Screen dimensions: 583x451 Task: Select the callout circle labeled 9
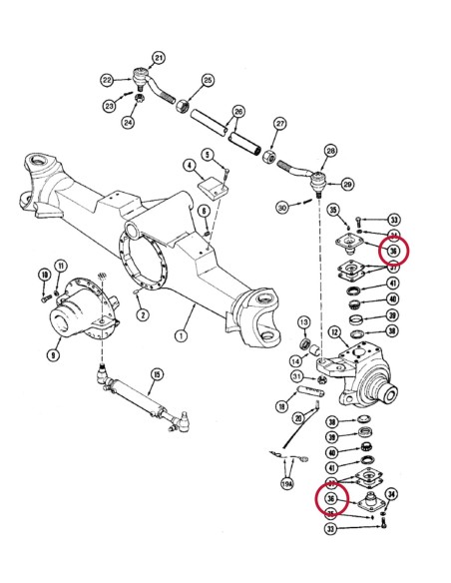[x=51, y=352]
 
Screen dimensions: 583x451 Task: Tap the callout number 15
[x=156, y=375]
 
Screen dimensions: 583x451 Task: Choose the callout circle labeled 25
[x=208, y=80]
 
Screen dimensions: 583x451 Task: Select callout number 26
[x=238, y=111]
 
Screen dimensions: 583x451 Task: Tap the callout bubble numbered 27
[x=280, y=124]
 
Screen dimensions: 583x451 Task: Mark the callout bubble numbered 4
[x=189, y=165]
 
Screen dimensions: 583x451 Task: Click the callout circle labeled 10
[x=43, y=276]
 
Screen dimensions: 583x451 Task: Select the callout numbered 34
[x=391, y=492]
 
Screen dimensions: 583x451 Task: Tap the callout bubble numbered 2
[x=144, y=315]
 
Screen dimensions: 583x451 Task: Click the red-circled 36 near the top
[x=393, y=251]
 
